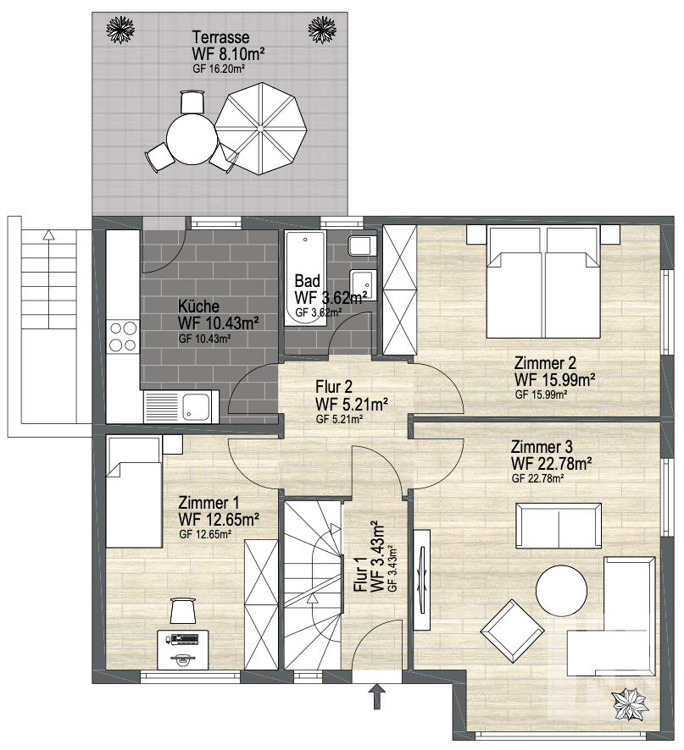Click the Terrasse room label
(220, 37)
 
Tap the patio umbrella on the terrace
(260, 129)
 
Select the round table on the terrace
(192, 139)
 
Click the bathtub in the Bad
(305, 278)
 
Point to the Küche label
(199, 306)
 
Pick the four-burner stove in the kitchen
(123, 336)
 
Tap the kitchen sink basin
(196, 406)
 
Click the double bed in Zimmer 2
(543, 281)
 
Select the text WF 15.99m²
(554, 380)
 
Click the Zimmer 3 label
(542, 447)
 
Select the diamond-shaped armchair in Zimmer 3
(513, 631)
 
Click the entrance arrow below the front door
(377, 696)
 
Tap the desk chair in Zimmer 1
(183, 611)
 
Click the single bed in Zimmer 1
(134, 491)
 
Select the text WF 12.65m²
(219, 519)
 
